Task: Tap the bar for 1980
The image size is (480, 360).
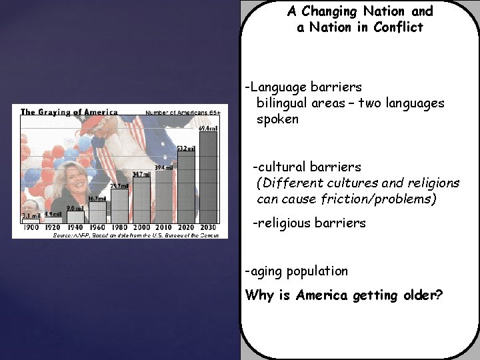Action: click(119, 206)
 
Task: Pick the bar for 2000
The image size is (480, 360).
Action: click(141, 200)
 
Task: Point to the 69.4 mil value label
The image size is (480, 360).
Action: click(208, 128)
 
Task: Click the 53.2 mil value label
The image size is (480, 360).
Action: click(186, 148)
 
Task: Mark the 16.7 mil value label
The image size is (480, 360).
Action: click(97, 199)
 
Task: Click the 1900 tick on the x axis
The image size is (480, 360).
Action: click(31, 227)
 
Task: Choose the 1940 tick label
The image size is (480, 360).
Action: click(75, 227)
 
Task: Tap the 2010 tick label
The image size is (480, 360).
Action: click(164, 227)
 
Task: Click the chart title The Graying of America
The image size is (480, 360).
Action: click(69, 112)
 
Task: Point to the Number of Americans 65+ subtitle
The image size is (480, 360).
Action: click(182, 113)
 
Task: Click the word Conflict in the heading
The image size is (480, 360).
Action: click(398, 27)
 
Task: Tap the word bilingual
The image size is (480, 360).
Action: click(283, 103)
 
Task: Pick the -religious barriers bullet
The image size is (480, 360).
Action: click(309, 223)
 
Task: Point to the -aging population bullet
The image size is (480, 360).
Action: click(297, 271)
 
